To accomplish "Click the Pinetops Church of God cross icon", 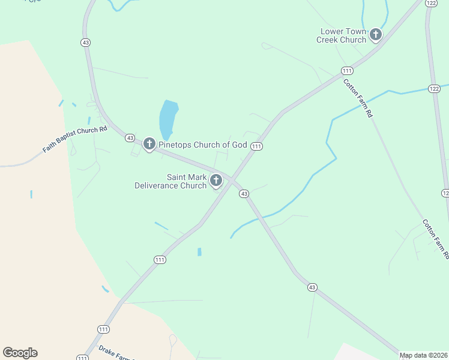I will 149,144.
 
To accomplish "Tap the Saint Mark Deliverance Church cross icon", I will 217,181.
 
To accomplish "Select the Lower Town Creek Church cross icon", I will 376,35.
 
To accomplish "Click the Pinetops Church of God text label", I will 202,145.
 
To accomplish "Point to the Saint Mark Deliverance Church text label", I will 170,181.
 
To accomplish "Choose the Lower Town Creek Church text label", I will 343,35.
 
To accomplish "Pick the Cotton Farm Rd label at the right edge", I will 435,239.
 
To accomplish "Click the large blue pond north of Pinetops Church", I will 168,119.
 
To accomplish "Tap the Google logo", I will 20,353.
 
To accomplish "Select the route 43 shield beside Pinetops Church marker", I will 130,138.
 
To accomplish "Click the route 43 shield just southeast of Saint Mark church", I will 244,193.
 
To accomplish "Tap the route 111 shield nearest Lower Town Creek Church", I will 347,71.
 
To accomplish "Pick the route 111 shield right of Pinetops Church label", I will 256,146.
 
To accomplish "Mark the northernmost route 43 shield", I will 85,42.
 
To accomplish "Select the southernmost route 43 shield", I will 312,287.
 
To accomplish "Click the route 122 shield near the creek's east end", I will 434,88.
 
